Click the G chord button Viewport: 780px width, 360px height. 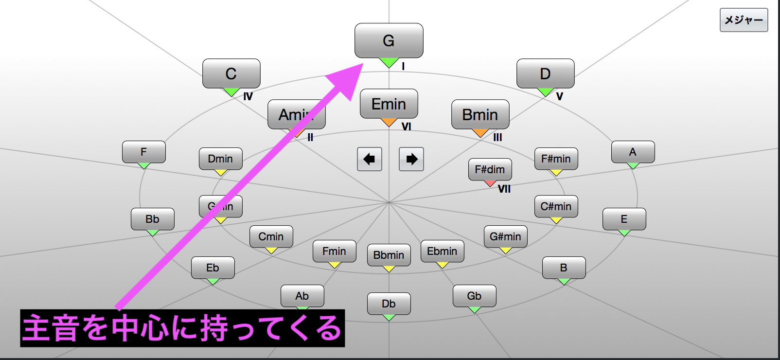[x=389, y=40]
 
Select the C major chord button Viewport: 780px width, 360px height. [x=231, y=73]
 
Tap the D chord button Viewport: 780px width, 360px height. [x=545, y=73]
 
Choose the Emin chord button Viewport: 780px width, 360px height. [x=389, y=104]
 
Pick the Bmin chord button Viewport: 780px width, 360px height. [x=480, y=114]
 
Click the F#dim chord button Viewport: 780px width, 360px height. [x=490, y=169]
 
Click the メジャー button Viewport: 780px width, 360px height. [x=744, y=20]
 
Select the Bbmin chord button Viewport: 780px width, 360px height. [x=389, y=255]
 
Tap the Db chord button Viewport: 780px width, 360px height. [x=389, y=304]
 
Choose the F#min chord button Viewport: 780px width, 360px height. [x=556, y=159]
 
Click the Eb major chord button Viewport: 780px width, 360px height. [x=213, y=268]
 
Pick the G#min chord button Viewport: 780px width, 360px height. [x=505, y=236]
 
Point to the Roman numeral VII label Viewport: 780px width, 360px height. [x=504, y=189]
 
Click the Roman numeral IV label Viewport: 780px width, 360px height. [x=248, y=96]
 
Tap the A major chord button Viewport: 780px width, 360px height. [x=633, y=152]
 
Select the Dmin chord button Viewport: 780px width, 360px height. [x=220, y=159]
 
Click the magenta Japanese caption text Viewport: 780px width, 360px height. [x=182, y=328]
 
